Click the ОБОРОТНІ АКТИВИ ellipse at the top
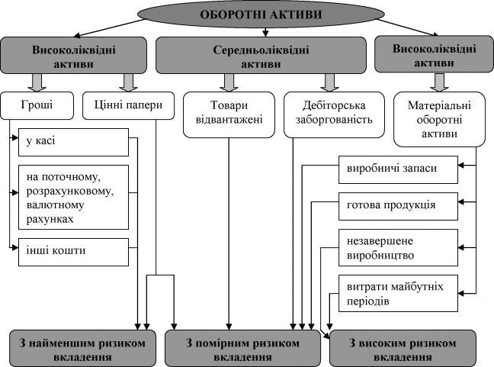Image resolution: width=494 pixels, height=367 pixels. pyautogui.click(x=261, y=14)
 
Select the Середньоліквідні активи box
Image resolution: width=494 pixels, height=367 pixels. pyautogui.click(x=261, y=56)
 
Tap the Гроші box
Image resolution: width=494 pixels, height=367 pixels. pyautogui.click(x=37, y=105)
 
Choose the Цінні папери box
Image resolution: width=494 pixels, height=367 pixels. pyautogui.click(x=128, y=105)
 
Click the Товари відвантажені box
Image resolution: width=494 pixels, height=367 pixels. pyautogui.click(x=229, y=114)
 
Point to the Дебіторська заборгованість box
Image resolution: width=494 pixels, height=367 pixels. pyautogui.click(x=334, y=114)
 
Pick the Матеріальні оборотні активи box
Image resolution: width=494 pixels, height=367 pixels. pyautogui.click(x=440, y=119)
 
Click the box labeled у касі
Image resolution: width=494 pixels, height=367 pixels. pyautogui.click(x=73, y=142)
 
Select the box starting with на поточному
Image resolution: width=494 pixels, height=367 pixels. pyautogui.click(x=73, y=197)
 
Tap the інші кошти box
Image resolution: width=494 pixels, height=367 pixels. pyautogui.click(x=73, y=252)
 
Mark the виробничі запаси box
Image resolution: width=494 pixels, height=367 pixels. pyautogui.click(x=398, y=169)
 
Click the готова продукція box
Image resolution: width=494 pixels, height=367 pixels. pyautogui.click(x=398, y=206)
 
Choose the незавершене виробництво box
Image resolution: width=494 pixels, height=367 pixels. pyautogui.click(x=398, y=247)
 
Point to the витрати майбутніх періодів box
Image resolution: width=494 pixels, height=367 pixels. pyautogui.click(x=398, y=294)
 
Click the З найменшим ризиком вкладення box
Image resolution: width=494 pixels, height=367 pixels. pyautogui.click(x=82, y=349)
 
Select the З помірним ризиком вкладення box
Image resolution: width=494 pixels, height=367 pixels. pyautogui.click(x=242, y=349)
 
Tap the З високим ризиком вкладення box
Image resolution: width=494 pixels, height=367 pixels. pyautogui.click(x=403, y=349)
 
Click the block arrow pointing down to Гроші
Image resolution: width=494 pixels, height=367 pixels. pyautogui.click(x=37, y=82)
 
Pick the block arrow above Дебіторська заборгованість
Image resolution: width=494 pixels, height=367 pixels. pyautogui.click(x=329, y=82)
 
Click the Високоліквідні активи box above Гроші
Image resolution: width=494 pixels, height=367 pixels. pyautogui.click(x=73, y=56)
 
